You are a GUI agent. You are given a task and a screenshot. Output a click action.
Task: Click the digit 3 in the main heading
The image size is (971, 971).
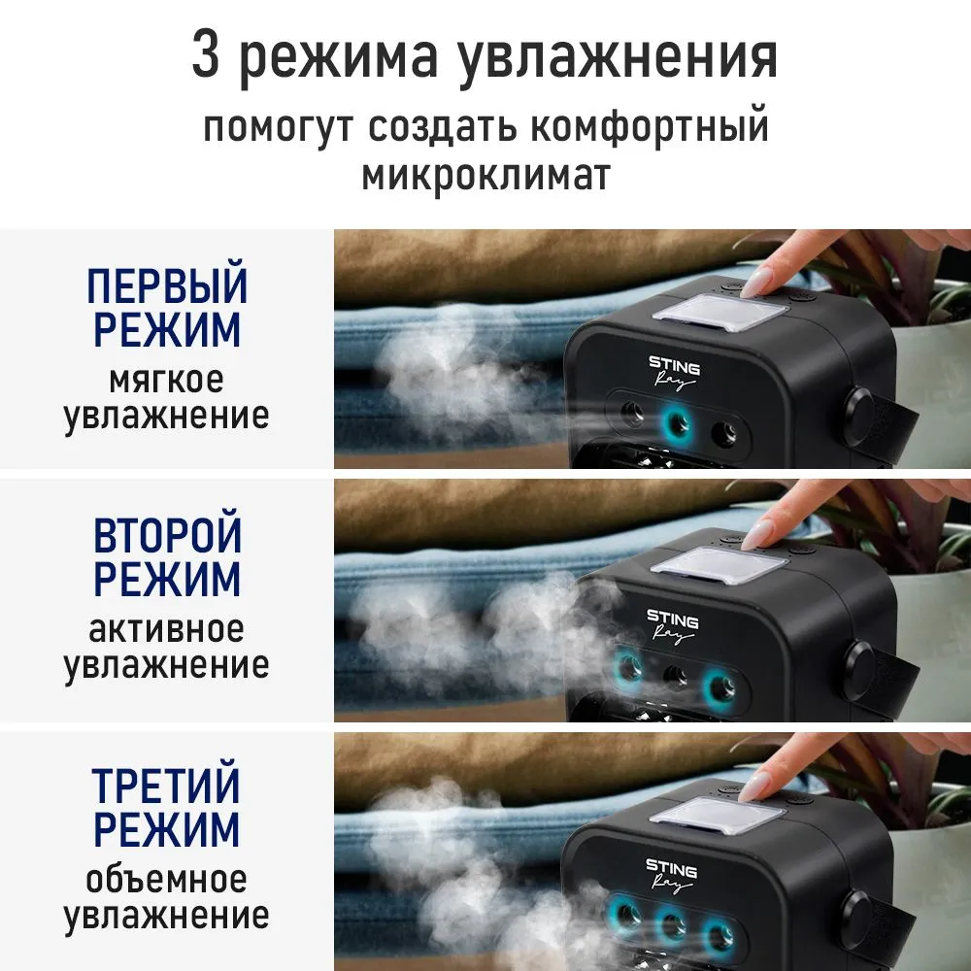(x=209, y=56)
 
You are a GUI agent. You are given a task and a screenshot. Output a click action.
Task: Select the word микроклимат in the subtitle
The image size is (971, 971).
(x=485, y=177)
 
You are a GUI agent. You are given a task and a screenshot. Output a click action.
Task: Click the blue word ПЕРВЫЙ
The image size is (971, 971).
(x=167, y=286)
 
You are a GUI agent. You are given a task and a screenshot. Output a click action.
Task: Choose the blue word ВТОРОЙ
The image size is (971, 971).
(x=167, y=536)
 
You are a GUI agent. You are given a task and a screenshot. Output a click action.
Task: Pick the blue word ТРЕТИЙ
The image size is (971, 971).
(x=167, y=786)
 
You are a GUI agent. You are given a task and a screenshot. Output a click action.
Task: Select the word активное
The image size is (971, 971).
(x=167, y=628)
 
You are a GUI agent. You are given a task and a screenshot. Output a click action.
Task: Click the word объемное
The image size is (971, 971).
(x=167, y=879)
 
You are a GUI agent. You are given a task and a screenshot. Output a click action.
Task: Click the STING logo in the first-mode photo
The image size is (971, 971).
(x=674, y=364)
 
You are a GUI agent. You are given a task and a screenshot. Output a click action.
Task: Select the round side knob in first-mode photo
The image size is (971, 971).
(x=860, y=412)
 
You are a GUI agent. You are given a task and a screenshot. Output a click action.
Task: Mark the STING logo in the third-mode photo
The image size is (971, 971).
(x=671, y=866)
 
